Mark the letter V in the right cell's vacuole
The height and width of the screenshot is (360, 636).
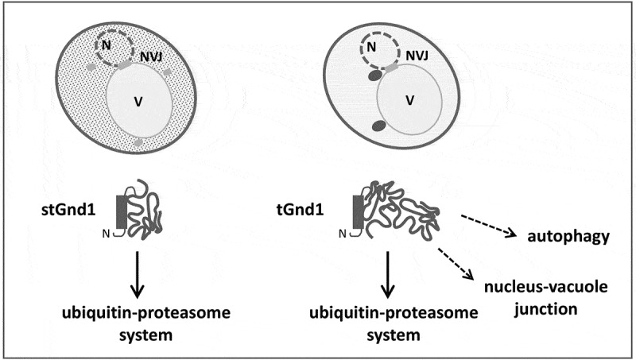(x=410, y=100)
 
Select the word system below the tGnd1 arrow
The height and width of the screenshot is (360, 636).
(x=390, y=335)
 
